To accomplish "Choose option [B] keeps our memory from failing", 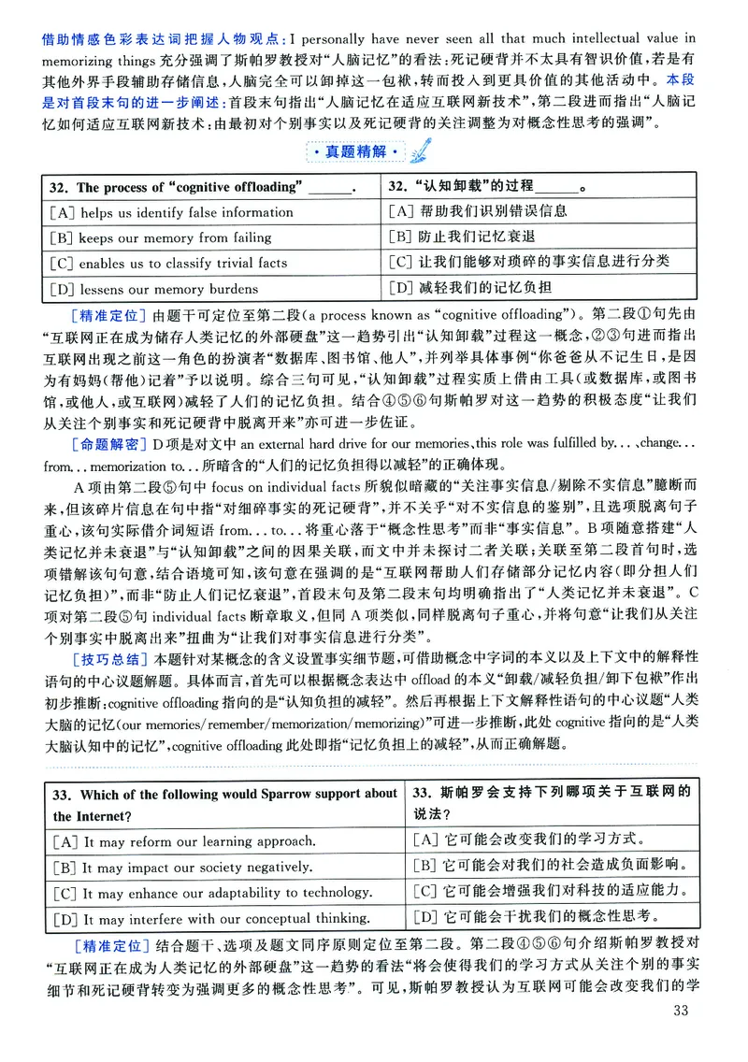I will coord(162,237).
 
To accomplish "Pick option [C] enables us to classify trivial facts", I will coord(169,263).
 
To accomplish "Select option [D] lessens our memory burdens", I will coord(156,288).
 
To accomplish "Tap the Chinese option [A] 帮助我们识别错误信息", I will coord(476,212).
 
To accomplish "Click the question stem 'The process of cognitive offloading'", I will coord(187,187).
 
